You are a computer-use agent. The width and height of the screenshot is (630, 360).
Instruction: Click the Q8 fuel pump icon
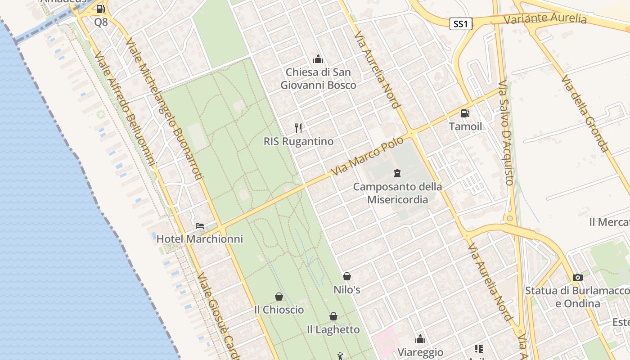click(101, 9)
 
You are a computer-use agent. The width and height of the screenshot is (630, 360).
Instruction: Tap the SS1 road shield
click(461, 24)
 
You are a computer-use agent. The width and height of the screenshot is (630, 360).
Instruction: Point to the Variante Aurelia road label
click(545, 19)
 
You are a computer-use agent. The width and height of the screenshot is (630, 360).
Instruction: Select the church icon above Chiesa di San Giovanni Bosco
click(318, 59)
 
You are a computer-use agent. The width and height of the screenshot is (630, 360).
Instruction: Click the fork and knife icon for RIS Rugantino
click(298, 128)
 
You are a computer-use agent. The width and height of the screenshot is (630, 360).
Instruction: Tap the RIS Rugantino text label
click(298, 141)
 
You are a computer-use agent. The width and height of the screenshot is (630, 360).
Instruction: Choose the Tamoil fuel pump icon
click(465, 113)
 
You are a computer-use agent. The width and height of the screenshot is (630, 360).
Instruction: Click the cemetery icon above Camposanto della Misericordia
click(397, 173)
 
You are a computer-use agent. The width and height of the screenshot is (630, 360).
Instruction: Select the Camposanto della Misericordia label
click(397, 193)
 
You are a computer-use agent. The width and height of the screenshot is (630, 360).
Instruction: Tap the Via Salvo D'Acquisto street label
click(506, 133)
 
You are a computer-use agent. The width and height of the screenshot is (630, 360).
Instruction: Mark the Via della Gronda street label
click(585, 113)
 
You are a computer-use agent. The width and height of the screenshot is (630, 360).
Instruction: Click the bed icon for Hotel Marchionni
click(200, 225)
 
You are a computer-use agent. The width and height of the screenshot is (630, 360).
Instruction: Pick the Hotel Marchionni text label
click(200, 239)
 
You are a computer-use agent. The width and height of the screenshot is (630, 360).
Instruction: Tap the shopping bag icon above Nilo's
click(347, 276)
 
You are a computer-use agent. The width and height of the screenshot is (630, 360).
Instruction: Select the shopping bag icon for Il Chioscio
click(279, 297)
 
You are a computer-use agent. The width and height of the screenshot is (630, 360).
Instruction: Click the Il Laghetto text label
click(333, 330)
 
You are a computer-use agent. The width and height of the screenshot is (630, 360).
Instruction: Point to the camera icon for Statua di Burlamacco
click(578, 277)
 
